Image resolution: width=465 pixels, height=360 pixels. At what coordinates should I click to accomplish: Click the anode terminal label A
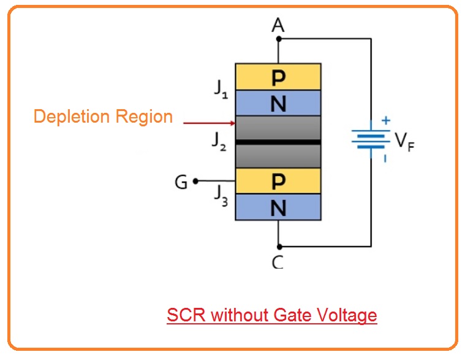point(278,26)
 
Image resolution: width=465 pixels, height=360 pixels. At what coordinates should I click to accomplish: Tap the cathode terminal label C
point(278,262)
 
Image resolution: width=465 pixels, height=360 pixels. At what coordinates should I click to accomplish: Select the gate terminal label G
point(181,182)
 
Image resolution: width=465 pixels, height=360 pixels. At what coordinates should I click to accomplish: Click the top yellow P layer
point(278,77)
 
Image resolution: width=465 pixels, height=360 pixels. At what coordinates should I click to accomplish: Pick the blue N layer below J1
point(278,103)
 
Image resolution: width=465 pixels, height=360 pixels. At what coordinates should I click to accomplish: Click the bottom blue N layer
point(278,208)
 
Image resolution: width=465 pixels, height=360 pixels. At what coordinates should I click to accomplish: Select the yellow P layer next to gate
point(278,181)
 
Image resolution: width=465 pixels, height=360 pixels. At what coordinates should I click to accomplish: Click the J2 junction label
point(218,142)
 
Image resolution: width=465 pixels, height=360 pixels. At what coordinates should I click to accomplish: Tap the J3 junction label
point(221,194)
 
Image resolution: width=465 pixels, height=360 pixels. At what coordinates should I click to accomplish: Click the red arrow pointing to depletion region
point(209,122)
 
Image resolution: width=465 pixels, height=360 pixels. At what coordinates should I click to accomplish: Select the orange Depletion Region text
point(103,117)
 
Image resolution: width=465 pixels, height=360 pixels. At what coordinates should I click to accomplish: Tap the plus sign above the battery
point(385,121)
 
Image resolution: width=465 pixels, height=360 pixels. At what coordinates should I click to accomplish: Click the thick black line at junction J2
point(278,142)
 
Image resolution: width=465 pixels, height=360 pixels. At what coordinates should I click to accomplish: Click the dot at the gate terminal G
point(195,182)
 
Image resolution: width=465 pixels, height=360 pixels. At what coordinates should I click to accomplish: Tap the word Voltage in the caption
point(346,315)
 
